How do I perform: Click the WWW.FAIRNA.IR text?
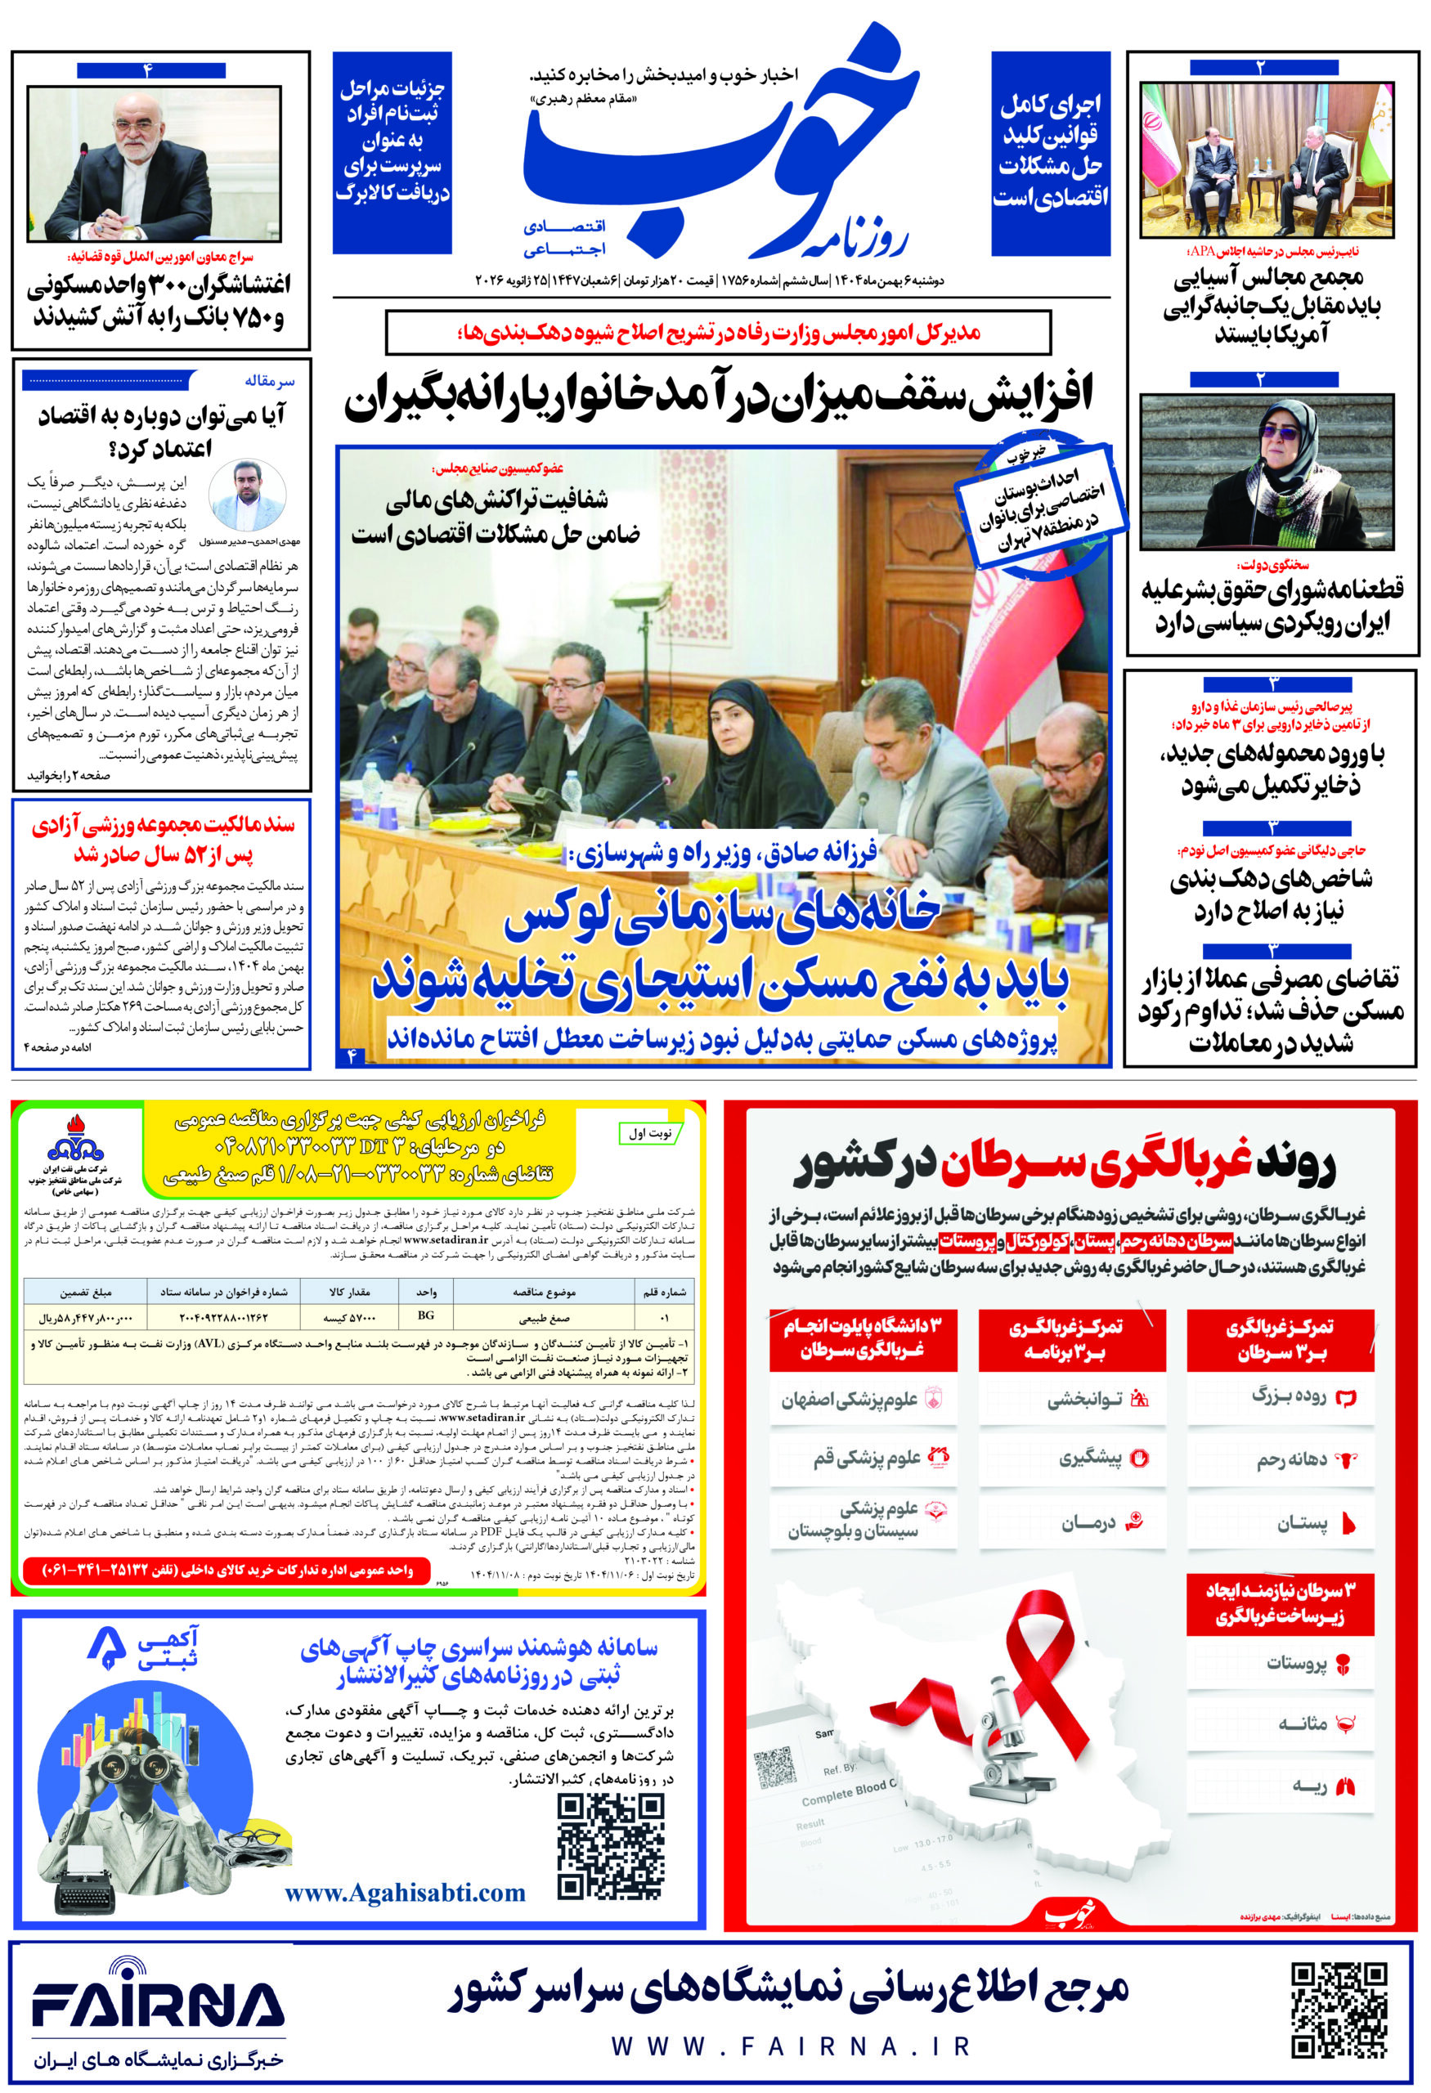(x=790, y=2046)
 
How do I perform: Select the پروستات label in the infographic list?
(x=1296, y=1664)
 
